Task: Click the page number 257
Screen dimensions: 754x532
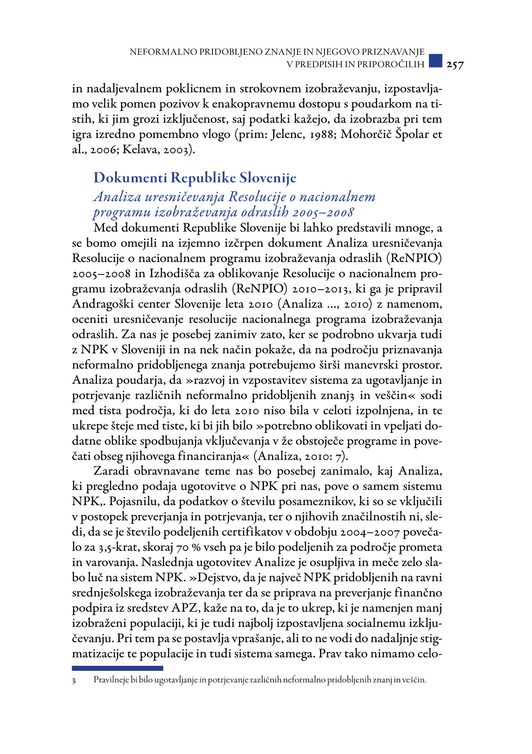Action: point(455,65)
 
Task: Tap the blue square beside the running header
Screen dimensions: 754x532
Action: point(435,60)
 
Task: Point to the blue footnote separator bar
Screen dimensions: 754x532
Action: point(117,668)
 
